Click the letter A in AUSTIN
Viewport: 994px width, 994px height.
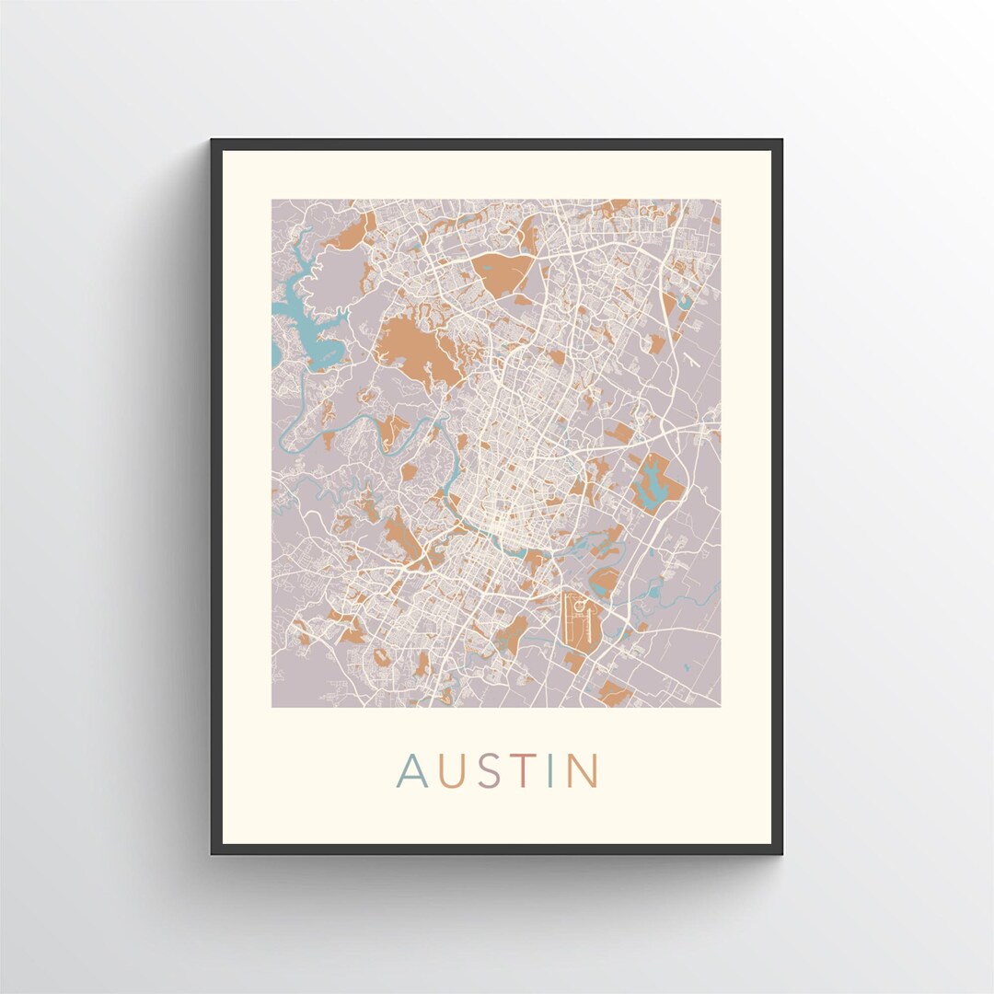[x=411, y=771]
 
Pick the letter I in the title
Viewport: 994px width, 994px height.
[x=550, y=771]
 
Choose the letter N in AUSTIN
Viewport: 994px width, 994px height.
[x=582, y=771]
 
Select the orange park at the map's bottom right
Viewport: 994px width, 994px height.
[x=614, y=692]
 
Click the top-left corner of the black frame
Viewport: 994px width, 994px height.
[x=213, y=141]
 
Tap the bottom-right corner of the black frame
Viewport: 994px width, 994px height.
[x=780, y=852]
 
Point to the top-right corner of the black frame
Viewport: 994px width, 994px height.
[x=780, y=141]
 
